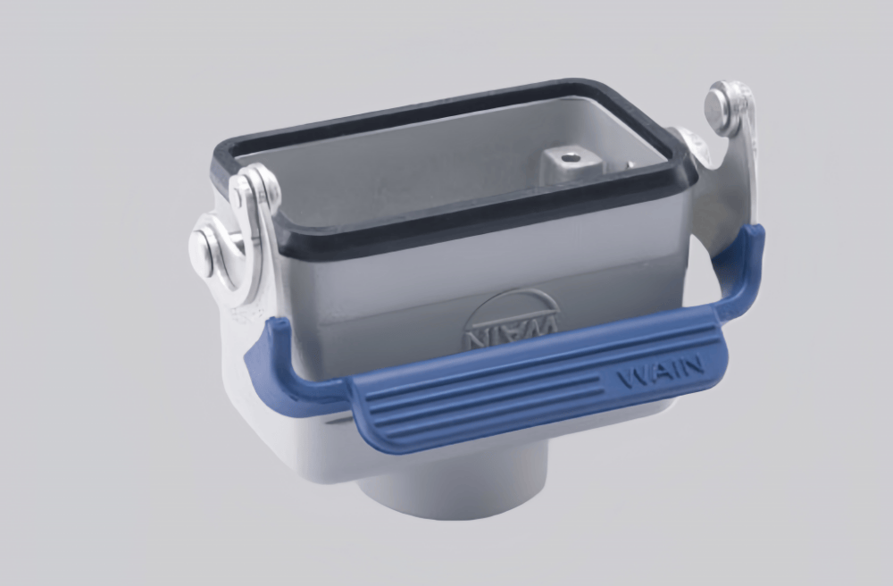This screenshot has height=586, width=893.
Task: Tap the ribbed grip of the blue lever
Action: tap(500, 393)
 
